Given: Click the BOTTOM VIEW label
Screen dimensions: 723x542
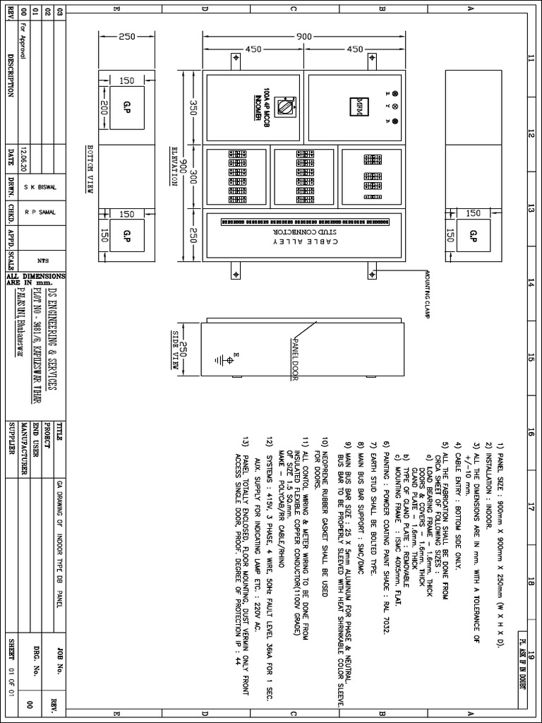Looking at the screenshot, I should tap(90, 174).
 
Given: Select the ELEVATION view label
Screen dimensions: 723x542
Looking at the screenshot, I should tap(174, 166).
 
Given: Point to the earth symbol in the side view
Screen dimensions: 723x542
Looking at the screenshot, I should tap(227, 359).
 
